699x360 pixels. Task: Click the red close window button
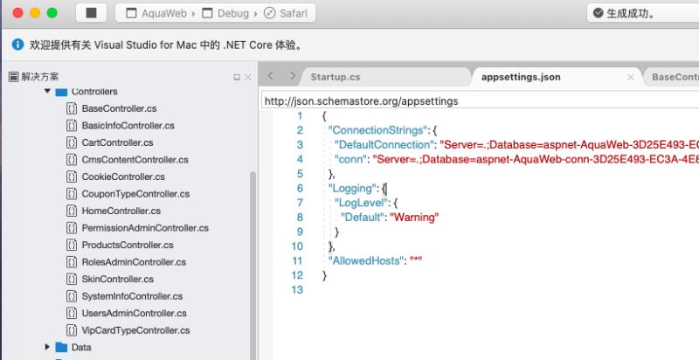[17, 13]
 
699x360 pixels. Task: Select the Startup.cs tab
[336, 77]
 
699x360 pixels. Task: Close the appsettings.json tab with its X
[630, 78]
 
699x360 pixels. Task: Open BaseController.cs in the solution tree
[119, 108]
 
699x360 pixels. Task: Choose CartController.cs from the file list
[117, 142]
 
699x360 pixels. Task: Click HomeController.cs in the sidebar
[121, 211]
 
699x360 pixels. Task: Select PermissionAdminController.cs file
[145, 228]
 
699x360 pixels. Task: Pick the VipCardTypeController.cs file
[135, 330]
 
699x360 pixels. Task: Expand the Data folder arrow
[47, 347]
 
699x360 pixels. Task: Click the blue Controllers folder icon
[61, 93]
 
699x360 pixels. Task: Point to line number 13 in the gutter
[297, 289]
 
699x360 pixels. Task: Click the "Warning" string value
[414, 217]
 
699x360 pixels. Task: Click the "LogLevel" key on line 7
[361, 203]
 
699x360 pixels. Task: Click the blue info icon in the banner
[17, 45]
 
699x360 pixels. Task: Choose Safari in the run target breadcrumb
[286, 13]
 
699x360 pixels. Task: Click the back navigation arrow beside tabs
[271, 76]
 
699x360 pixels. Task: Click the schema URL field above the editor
[480, 101]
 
